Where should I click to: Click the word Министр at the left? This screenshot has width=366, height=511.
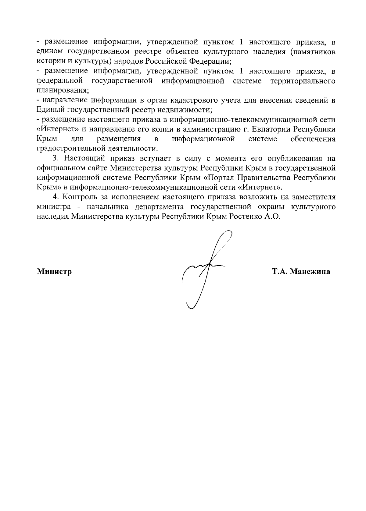coord(54,271)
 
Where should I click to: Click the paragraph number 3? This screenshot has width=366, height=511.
coord(55,159)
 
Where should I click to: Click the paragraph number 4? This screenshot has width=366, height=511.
coord(55,197)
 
